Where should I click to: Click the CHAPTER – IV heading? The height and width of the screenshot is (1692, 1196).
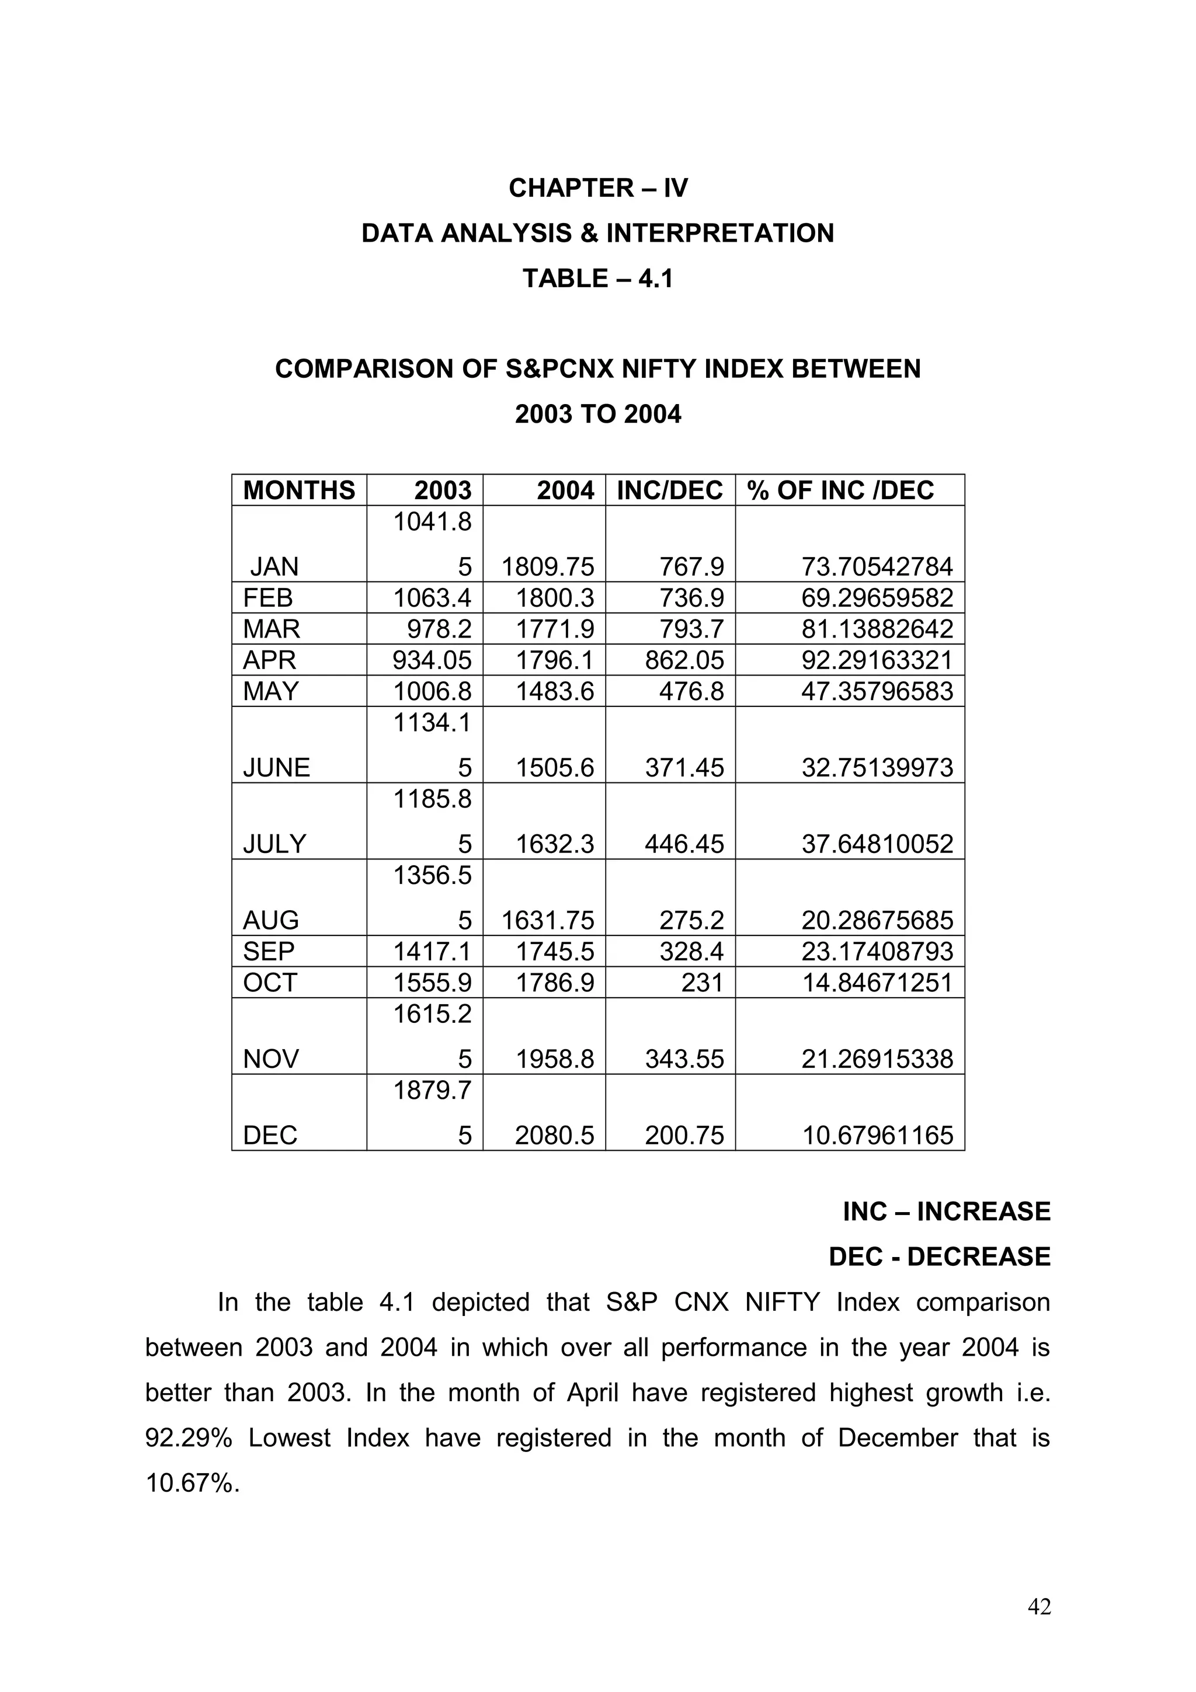597,188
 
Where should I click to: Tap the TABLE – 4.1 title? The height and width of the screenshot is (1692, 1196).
597,278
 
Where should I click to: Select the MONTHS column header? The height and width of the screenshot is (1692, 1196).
298,490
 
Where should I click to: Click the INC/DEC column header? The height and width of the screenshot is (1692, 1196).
669,490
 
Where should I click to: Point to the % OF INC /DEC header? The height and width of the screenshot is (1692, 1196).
840,490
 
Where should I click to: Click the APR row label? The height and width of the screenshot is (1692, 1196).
269,660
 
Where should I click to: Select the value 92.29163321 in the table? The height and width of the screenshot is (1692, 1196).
877,660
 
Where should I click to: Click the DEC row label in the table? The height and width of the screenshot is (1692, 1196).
270,1136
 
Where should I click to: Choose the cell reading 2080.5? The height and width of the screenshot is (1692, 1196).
554,1136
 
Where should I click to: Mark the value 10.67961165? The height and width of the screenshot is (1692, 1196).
877,1136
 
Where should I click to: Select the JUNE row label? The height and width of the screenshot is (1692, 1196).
276,768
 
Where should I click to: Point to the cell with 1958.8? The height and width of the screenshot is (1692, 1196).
554,1060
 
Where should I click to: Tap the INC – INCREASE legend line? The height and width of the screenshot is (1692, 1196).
946,1212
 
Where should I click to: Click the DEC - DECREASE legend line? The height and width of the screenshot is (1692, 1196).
939,1257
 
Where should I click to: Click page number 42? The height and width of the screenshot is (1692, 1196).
1039,1628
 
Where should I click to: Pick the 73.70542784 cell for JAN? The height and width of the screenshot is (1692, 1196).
877,567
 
